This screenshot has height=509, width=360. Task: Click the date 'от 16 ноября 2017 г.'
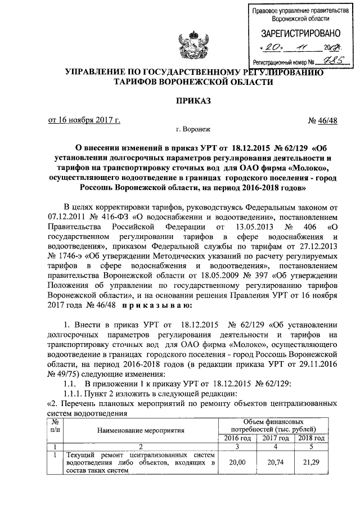coord(83,120)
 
